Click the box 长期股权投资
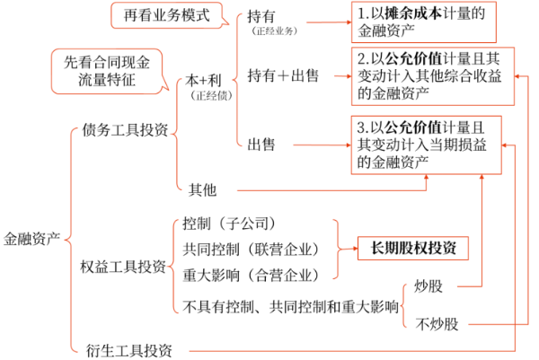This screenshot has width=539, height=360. [x=412, y=248]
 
